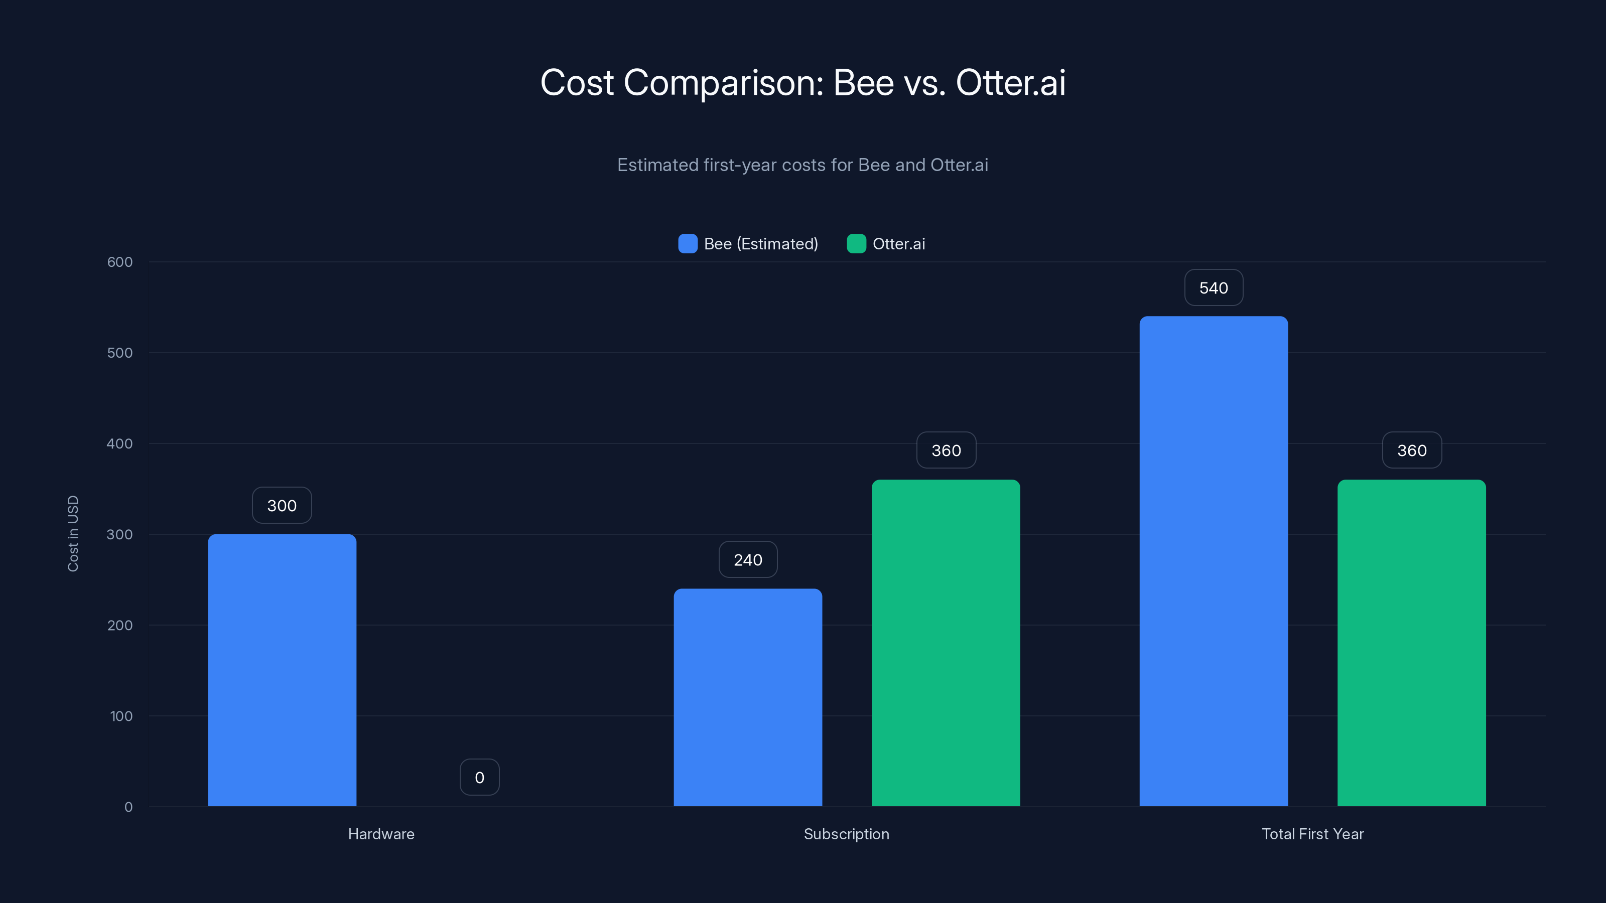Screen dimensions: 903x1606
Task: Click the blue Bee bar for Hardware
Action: (282, 670)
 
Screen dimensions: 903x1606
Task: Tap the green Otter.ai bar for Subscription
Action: (946, 643)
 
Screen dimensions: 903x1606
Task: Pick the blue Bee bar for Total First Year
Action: (1213, 561)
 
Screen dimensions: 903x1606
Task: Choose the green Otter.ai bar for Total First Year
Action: (1411, 643)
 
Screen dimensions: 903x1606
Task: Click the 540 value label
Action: (1213, 288)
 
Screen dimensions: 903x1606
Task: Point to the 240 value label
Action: (747, 560)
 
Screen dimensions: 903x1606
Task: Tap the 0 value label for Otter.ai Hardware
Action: (479, 777)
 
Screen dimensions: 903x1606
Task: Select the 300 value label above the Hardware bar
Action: (282, 505)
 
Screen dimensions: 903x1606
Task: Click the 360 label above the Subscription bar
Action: (946, 450)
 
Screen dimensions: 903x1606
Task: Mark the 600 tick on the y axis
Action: (120, 262)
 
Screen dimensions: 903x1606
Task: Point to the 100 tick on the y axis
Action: (121, 716)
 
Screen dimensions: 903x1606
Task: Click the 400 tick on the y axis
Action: (120, 443)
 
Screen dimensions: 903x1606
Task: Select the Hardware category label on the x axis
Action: (381, 834)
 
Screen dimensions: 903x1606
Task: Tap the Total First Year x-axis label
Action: (1312, 834)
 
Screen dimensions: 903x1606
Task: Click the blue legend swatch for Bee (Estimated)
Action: (688, 244)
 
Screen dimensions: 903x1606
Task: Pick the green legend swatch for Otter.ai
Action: (856, 244)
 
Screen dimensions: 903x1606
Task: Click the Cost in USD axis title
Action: (73, 533)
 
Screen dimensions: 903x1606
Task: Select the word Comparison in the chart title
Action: (723, 83)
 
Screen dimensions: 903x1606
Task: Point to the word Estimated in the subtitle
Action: (658, 165)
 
